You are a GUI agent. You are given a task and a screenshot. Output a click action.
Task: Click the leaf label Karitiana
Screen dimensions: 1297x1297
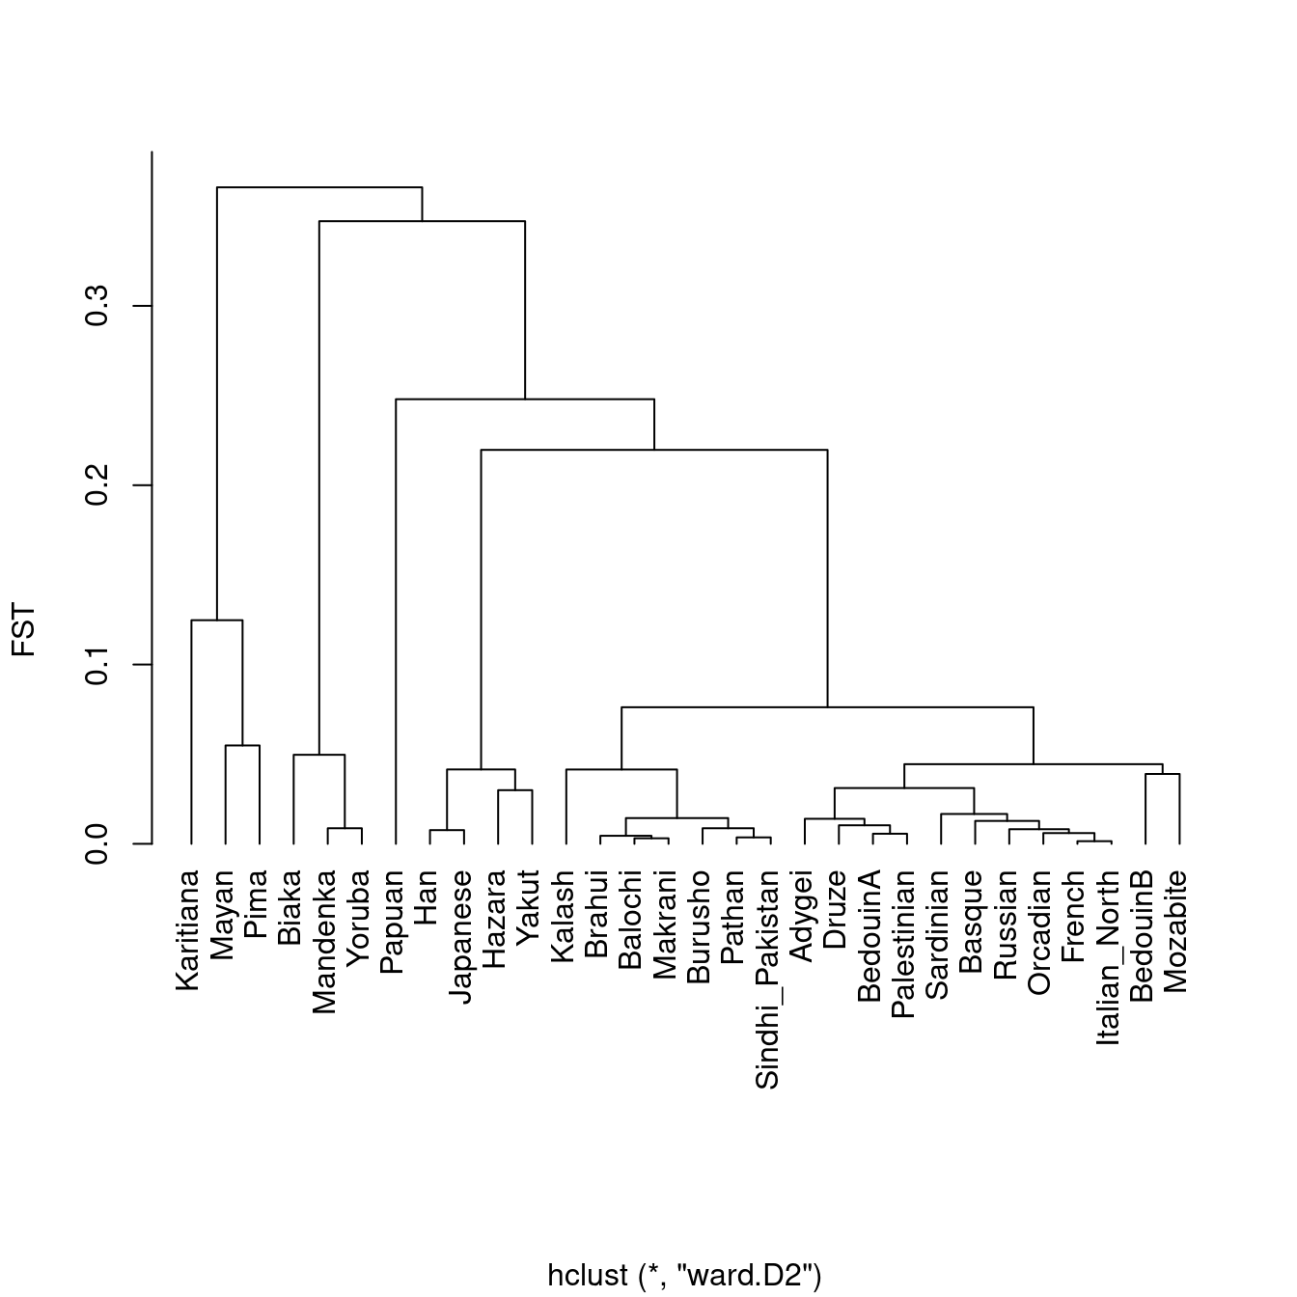tap(189, 929)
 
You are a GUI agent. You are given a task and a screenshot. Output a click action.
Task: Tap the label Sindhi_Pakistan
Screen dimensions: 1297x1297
tap(767, 980)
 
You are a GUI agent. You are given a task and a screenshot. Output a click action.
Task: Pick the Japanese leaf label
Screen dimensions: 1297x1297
tap(461, 936)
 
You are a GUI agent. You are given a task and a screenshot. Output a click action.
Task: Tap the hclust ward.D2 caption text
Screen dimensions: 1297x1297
tap(684, 1275)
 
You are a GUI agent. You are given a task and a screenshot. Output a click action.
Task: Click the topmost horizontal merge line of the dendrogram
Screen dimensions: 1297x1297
tap(318, 187)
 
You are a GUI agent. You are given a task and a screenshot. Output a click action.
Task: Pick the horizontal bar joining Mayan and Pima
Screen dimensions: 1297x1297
tap(242, 746)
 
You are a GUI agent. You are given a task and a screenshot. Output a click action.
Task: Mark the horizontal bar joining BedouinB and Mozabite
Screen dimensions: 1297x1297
tap(1162, 774)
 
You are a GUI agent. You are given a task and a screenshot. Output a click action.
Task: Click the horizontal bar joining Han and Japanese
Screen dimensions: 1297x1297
tap(447, 830)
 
